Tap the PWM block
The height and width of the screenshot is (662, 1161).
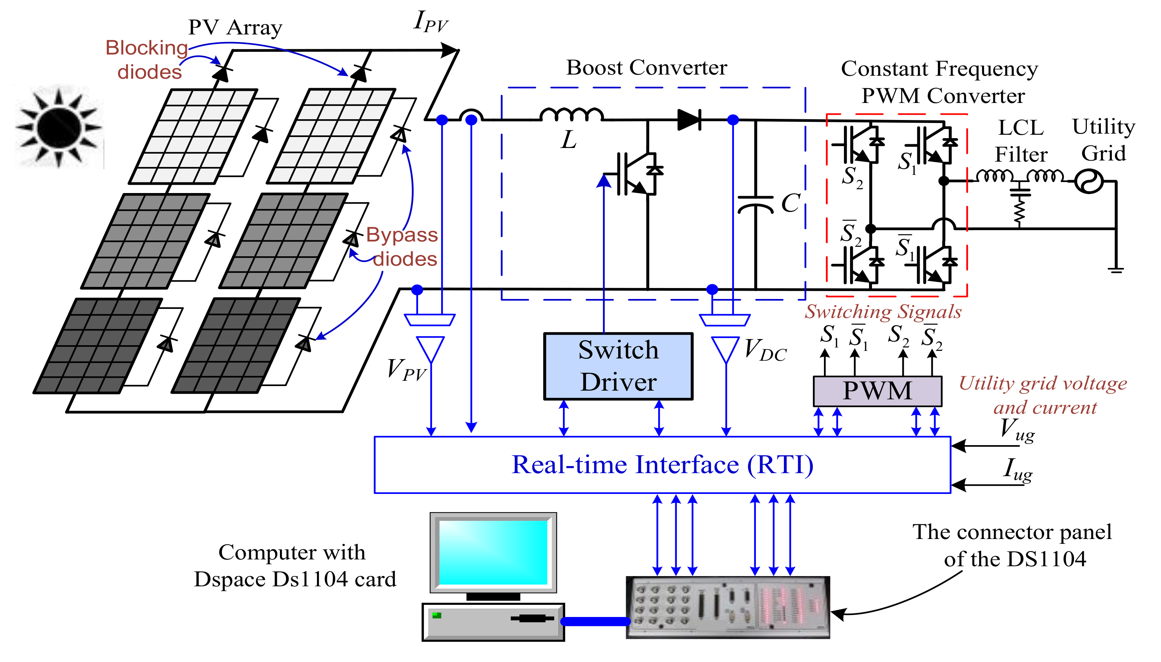coord(877,391)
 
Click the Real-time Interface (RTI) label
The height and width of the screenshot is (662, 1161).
coord(662,465)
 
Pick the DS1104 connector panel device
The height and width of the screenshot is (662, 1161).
coord(727,607)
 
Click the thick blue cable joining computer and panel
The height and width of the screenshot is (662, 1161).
coord(595,621)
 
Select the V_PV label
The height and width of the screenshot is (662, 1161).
coord(406,369)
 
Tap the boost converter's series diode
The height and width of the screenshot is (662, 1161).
coord(689,120)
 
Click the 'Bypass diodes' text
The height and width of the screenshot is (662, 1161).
coord(402,247)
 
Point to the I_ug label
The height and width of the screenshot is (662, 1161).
coord(1017,470)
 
